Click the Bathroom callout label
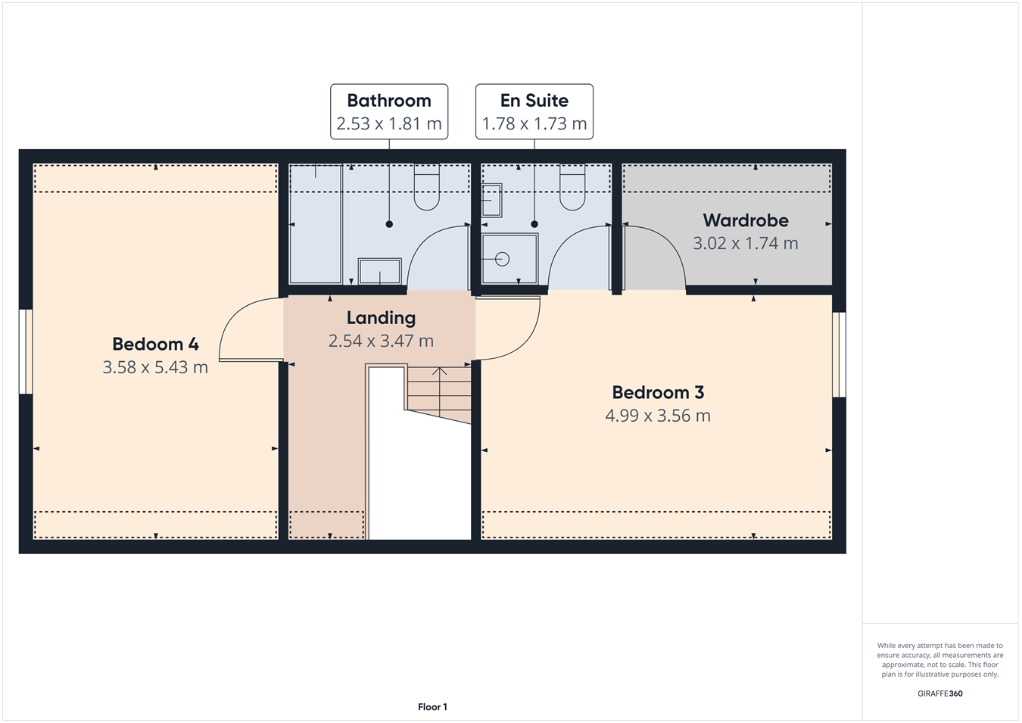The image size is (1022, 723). click(x=388, y=101)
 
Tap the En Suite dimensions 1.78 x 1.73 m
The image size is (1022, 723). click(x=534, y=123)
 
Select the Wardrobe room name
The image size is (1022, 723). click(x=745, y=220)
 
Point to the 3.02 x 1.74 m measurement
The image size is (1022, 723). click(x=745, y=243)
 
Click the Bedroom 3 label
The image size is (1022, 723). click(x=657, y=392)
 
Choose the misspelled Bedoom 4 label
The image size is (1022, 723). click(x=155, y=344)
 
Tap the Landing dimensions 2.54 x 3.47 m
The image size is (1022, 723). click(x=381, y=341)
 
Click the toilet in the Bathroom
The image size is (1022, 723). click(x=426, y=188)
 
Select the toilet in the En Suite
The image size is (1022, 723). click(x=572, y=188)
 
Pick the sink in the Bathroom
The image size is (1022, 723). click(x=379, y=271)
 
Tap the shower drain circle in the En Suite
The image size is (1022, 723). click(x=502, y=259)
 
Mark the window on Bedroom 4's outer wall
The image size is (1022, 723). click(x=25, y=351)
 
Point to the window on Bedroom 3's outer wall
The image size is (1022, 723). click(x=839, y=354)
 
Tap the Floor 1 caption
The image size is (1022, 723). click(x=432, y=707)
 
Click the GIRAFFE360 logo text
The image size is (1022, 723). click(x=939, y=693)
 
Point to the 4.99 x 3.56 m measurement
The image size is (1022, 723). click(x=657, y=416)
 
